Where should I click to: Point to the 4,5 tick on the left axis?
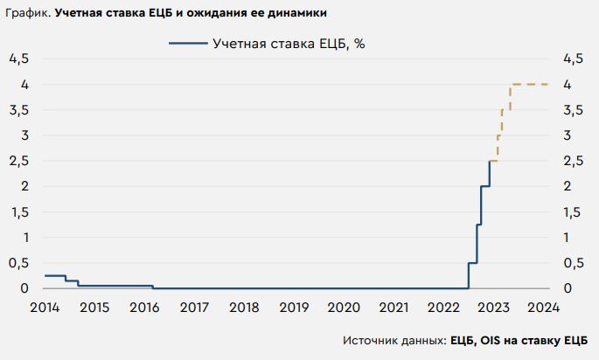(x=19, y=59)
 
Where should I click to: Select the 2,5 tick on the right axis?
(x=575, y=161)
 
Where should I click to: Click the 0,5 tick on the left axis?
(x=19, y=263)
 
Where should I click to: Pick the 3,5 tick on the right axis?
(x=575, y=110)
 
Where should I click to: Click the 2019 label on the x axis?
(x=294, y=308)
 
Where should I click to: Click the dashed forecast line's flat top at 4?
(x=530, y=84)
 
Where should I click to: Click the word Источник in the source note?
(x=371, y=341)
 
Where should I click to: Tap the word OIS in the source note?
(x=488, y=341)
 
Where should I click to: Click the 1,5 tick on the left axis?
(x=19, y=212)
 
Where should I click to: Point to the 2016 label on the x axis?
(x=143, y=308)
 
